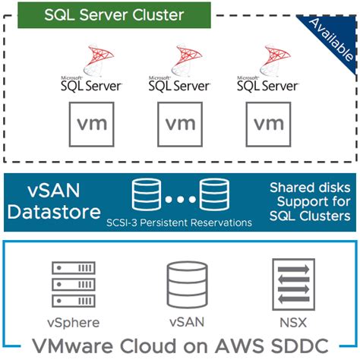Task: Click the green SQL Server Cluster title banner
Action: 114,14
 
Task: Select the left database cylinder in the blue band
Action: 144,194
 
